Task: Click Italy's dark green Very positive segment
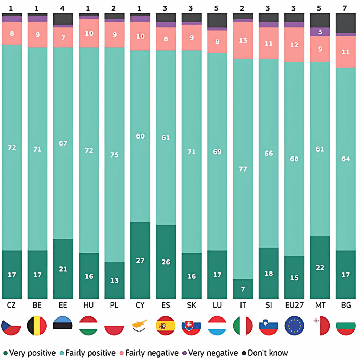(243, 289)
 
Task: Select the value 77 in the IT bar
(243, 169)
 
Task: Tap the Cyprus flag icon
(140, 326)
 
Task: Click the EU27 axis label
(294, 305)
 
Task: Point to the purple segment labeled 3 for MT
(320, 32)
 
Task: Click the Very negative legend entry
(210, 353)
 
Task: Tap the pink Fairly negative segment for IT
(243, 40)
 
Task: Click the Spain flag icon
(166, 326)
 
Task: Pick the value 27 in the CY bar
(140, 261)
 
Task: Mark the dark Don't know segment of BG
(346, 23)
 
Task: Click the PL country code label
(114, 305)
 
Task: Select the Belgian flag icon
(37, 326)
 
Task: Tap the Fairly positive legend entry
(88, 353)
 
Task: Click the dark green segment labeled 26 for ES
(166, 262)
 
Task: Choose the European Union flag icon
(294, 326)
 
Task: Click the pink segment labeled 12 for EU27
(294, 45)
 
